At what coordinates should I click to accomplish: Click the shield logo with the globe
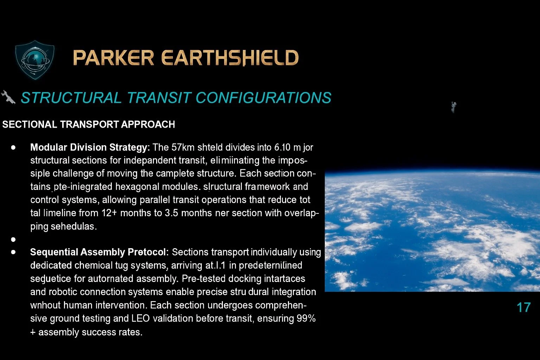[x=35, y=59]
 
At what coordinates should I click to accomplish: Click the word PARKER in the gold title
[x=113, y=58]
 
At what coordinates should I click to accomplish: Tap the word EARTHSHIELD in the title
[x=230, y=58]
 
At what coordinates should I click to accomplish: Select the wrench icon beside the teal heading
[x=8, y=97]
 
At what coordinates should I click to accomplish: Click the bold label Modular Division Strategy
[x=90, y=147]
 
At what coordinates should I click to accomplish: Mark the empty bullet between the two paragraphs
[x=13, y=239]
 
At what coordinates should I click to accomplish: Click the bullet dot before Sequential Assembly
[x=13, y=252]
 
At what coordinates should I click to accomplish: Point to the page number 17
[x=523, y=308]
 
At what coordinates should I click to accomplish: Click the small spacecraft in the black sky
[x=454, y=107]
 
